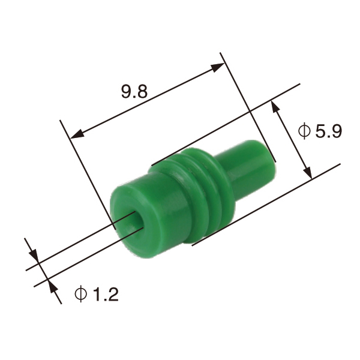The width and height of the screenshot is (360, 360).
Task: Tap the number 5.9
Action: [x=328, y=131]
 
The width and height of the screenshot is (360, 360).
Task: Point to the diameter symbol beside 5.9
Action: [x=304, y=131]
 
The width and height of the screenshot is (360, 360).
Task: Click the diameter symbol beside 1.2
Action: [x=80, y=294]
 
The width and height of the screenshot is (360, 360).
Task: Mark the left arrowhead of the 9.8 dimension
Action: [x=74, y=135]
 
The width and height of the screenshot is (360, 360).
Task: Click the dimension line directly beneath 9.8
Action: [x=147, y=101]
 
